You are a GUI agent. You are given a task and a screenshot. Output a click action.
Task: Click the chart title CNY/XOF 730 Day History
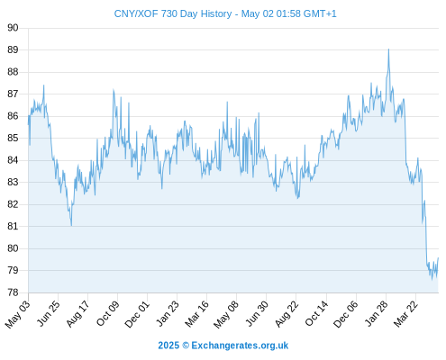(173, 13)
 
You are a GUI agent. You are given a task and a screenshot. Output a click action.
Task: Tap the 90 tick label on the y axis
(13, 28)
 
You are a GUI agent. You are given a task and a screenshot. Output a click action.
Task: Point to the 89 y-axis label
(13, 49)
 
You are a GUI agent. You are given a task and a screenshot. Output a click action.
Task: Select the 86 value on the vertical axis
(13, 116)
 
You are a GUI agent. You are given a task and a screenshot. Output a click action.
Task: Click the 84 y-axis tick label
(13, 160)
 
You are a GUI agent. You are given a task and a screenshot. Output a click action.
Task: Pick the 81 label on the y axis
(13, 226)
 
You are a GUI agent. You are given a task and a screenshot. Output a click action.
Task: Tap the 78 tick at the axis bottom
(13, 292)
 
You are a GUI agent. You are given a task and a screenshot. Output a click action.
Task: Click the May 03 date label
(18, 314)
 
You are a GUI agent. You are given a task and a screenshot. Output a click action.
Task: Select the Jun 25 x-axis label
(48, 313)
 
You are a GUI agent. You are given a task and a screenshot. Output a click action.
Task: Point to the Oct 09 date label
(107, 313)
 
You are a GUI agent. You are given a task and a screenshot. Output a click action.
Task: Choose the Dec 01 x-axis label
(137, 314)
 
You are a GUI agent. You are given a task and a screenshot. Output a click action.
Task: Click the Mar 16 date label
(196, 314)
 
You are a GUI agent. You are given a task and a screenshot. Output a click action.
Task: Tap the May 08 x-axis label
(226, 314)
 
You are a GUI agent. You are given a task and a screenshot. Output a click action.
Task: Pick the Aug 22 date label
(287, 313)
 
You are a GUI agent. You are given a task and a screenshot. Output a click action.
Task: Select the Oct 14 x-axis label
(316, 313)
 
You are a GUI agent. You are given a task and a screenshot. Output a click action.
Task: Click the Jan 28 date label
(376, 313)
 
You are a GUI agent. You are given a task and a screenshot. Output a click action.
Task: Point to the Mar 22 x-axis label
(405, 313)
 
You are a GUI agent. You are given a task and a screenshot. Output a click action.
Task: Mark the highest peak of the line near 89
(388, 49)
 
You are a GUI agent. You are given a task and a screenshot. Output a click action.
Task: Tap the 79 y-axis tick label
(13, 270)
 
